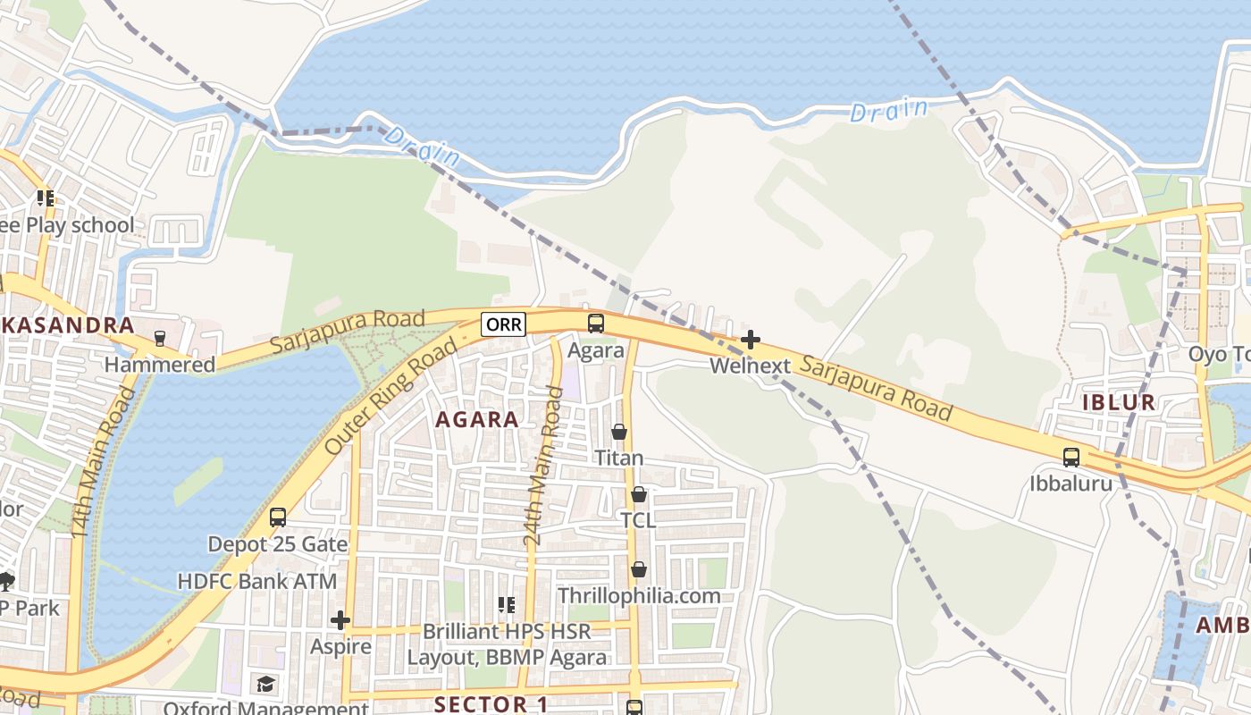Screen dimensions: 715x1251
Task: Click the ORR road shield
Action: pos(504,324)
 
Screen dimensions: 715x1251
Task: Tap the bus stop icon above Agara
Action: pos(596,324)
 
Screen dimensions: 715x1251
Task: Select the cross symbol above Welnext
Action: pos(751,340)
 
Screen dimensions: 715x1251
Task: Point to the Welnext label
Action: pos(751,366)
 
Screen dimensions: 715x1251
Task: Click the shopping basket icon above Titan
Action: pos(619,433)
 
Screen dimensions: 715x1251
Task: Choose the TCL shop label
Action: pos(638,520)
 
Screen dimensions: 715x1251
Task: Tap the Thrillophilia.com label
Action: pos(639,595)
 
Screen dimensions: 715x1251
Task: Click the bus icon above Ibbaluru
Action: pos(1071,458)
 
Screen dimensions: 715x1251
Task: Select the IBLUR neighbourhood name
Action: pos(1119,402)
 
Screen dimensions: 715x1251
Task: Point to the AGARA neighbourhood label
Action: pos(476,419)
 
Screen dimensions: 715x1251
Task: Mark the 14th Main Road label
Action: pos(105,462)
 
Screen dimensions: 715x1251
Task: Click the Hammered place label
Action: pos(160,365)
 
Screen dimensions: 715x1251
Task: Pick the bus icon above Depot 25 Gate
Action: pos(278,517)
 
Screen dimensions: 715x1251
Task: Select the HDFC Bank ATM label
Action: pos(257,581)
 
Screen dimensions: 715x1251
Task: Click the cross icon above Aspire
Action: pos(340,620)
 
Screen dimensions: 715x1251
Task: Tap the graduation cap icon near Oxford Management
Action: pos(265,685)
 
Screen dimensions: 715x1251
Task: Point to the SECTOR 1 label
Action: pos(491,703)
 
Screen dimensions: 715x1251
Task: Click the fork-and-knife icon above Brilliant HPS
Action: pos(507,605)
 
